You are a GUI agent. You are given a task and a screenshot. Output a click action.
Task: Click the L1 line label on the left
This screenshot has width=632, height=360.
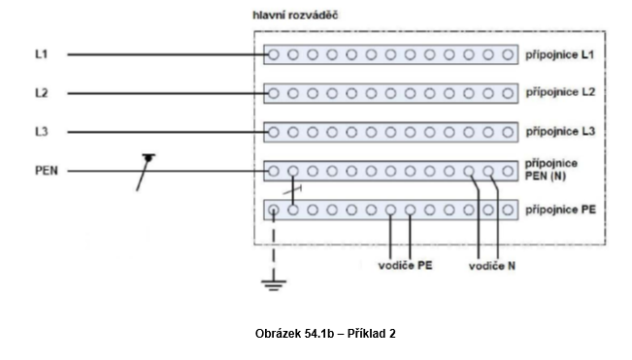41,55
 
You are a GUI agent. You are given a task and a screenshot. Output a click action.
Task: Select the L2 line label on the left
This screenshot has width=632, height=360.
41,93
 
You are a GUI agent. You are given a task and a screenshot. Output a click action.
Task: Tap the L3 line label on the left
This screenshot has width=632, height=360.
41,131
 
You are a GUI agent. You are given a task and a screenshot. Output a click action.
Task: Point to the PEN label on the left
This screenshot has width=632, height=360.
45,171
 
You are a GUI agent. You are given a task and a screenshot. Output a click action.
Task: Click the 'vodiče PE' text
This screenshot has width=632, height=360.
403,266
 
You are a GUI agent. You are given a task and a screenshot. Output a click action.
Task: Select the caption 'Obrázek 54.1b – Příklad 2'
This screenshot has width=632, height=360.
324,333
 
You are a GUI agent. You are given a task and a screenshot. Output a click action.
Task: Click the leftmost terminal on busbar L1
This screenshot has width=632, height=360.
274,55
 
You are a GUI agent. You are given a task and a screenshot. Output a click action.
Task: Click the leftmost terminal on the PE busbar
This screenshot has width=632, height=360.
274,209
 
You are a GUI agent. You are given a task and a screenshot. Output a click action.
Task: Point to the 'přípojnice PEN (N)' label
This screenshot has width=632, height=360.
551,170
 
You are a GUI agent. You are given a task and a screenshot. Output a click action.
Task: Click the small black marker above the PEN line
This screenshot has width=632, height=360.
149,156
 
